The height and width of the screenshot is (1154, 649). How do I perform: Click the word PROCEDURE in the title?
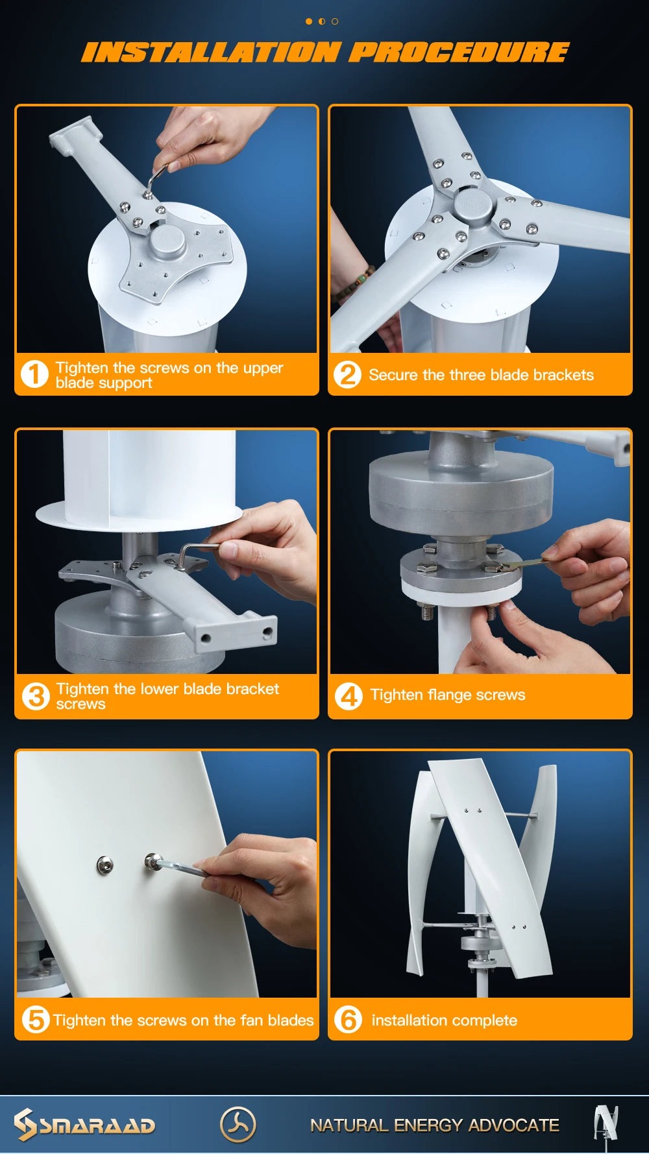[459, 53]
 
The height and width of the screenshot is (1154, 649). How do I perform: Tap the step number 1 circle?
[34, 374]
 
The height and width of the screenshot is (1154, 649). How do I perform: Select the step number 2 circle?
[347, 374]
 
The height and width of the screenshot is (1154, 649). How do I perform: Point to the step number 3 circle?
[36, 696]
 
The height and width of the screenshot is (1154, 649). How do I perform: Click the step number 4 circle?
[349, 696]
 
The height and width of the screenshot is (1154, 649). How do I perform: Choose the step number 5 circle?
[36, 1019]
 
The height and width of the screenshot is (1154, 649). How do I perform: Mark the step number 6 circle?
[348, 1019]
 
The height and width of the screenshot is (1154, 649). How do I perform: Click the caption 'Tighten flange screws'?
[448, 695]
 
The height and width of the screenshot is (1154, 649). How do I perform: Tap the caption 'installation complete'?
[445, 1020]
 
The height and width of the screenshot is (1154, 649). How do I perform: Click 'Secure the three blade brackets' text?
[481, 375]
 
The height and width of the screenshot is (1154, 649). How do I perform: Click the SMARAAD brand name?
[97, 1125]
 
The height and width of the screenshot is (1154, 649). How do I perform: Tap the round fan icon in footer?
[238, 1124]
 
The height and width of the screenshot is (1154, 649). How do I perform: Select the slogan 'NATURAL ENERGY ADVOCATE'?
[434, 1125]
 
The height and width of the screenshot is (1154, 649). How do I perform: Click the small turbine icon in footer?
[606, 1124]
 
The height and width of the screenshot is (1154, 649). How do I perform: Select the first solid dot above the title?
[309, 21]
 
